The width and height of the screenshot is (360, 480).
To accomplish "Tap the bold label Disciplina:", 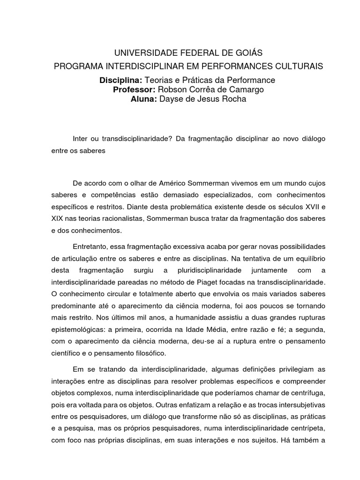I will tap(120, 80).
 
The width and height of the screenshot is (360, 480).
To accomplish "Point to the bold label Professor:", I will tap(134, 90).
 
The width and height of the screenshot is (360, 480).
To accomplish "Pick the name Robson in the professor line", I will tap(171, 90).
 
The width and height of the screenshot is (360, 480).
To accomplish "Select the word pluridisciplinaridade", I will tap(209, 271).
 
